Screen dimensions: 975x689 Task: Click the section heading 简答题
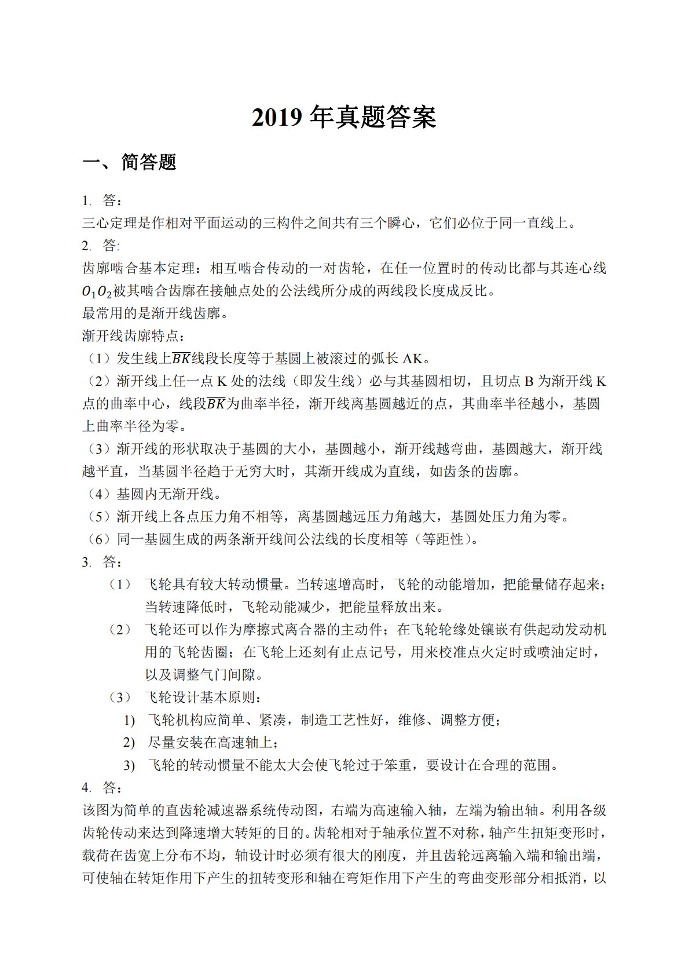(149, 162)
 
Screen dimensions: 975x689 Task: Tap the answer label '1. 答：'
(102, 201)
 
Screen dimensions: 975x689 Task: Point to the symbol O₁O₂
(97, 291)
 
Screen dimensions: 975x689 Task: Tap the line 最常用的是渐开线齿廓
(155, 314)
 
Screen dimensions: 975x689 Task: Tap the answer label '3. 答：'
(102, 563)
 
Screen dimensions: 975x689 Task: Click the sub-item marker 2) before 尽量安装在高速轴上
(129, 743)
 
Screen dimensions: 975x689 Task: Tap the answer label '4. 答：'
(102, 788)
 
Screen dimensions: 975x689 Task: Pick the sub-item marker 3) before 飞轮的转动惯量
(129, 765)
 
